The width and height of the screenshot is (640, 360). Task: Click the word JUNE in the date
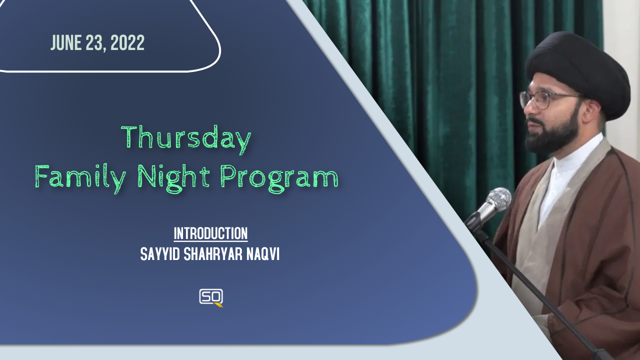(x=65, y=43)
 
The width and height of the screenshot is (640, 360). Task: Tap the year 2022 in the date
(x=127, y=43)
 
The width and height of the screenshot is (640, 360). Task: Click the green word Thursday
(x=186, y=139)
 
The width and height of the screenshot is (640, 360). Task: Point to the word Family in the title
(x=80, y=177)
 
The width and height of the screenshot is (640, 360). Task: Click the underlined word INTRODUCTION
(x=210, y=233)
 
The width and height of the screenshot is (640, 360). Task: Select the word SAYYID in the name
(x=160, y=254)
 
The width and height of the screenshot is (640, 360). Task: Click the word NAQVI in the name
(x=262, y=254)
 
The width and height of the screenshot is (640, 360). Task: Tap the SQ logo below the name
(x=211, y=297)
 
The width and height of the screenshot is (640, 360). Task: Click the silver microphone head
(x=498, y=199)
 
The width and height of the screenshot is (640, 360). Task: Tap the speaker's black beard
(x=554, y=132)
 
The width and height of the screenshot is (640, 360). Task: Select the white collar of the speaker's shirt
(x=574, y=160)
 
